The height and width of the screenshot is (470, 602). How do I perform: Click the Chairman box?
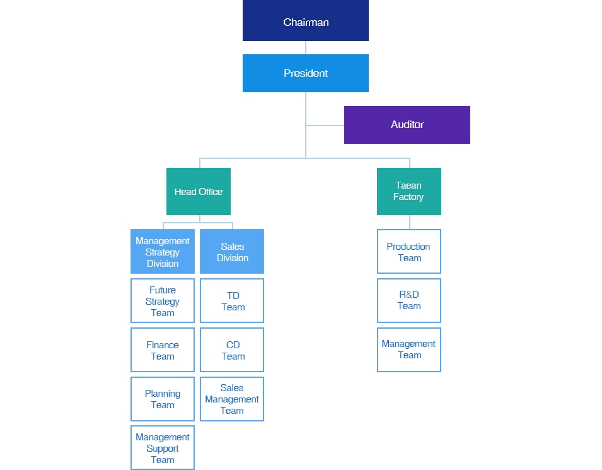click(306, 20)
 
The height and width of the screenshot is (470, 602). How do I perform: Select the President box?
click(306, 73)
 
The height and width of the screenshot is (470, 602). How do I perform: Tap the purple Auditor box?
click(407, 125)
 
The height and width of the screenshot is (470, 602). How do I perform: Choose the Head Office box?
click(199, 191)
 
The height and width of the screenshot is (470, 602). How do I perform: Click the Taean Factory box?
click(409, 191)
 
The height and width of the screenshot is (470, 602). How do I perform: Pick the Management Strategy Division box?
click(163, 251)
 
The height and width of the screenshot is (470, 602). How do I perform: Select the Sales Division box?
click(232, 251)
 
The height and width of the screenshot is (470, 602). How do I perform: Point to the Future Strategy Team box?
click(163, 300)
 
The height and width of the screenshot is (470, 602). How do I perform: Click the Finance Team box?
click(163, 350)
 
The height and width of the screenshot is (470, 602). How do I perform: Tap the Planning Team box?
click(163, 399)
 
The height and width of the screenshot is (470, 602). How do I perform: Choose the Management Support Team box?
click(163, 447)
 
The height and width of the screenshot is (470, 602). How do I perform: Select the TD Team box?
click(232, 300)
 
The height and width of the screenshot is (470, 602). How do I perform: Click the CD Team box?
click(232, 350)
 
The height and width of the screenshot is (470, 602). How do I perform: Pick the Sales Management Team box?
click(232, 399)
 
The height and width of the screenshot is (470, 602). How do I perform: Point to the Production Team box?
click(409, 251)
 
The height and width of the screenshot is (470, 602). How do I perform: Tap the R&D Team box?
click(409, 300)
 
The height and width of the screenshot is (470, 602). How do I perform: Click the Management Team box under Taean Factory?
click(409, 350)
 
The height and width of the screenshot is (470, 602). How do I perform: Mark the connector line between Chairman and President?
click(306, 48)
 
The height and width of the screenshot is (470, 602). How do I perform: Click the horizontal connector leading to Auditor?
click(325, 126)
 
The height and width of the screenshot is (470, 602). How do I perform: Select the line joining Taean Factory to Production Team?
click(410, 222)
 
